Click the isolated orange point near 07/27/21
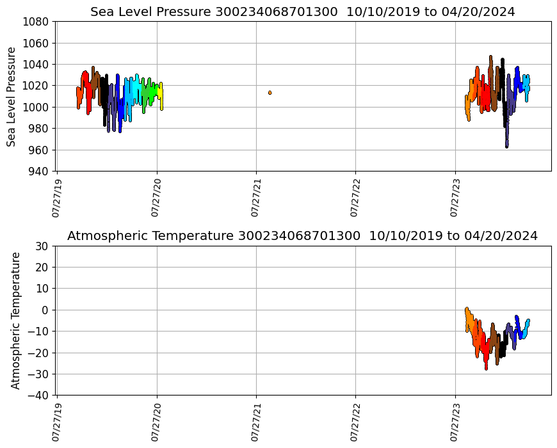[270, 93]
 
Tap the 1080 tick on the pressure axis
[36, 22]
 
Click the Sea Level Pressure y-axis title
[12, 96]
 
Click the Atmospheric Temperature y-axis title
[15, 320]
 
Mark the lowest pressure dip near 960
[506, 147]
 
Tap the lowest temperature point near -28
[486, 369]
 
